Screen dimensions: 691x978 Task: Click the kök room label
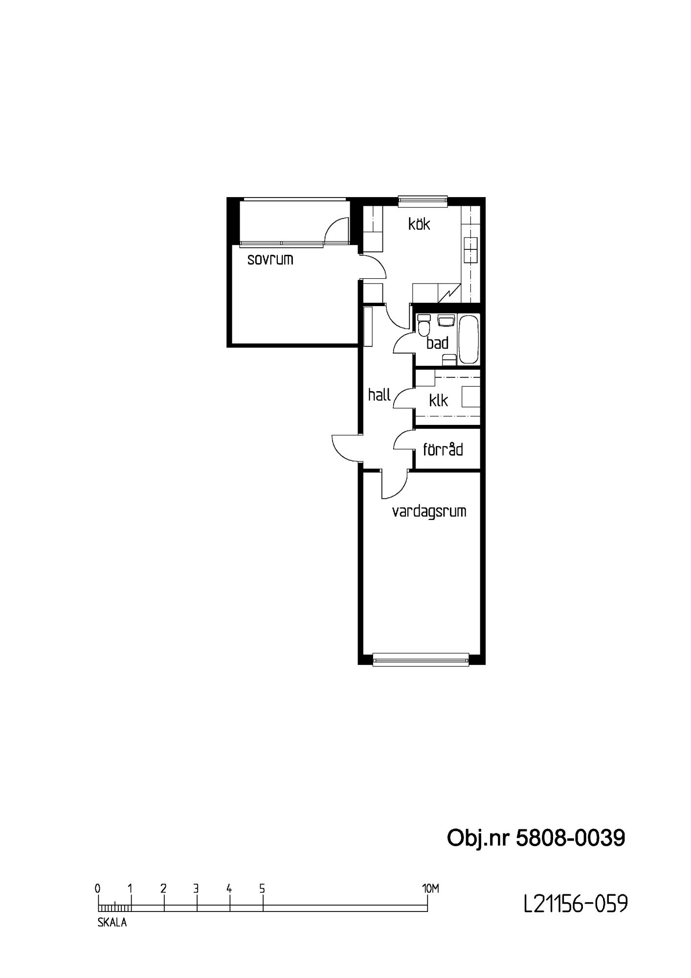(419, 224)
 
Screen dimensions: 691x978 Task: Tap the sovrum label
(270, 259)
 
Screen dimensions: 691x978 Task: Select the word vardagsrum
(429, 512)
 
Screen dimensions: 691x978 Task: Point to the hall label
(379, 394)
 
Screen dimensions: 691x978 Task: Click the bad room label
(437, 343)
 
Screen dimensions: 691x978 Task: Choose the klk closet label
(438, 400)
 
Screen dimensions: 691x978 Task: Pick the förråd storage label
(443, 449)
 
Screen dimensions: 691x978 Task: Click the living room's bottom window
(421, 660)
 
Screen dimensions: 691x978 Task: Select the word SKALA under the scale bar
(112, 922)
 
